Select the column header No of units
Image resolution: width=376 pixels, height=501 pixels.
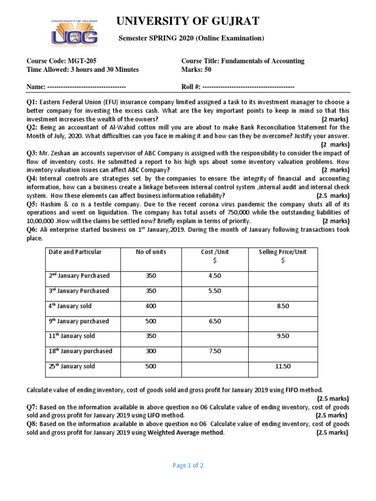pyautogui.click(x=151, y=252)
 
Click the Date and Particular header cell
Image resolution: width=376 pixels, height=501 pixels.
pyautogui.click(x=75, y=252)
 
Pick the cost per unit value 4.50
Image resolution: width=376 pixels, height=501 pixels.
pyautogui.click(x=214, y=276)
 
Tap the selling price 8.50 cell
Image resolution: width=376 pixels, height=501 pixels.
pyautogui.click(x=282, y=306)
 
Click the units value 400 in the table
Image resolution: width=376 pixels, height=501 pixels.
pyautogui.click(x=151, y=306)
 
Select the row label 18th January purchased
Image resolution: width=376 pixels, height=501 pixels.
pyautogui.click(x=80, y=351)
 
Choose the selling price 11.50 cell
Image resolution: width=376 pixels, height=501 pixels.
pyautogui.click(x=282, y=366)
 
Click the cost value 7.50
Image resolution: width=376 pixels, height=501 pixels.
pyautogui.click(x=214, y=351)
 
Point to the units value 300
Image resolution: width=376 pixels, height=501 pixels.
pyautogui.click(x=151, y=351)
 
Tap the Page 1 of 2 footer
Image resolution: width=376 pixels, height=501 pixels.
pyautogui.click(x=188, y=466)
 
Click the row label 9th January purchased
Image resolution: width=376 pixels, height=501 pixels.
pyautogui.click(x=78, y=321)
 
